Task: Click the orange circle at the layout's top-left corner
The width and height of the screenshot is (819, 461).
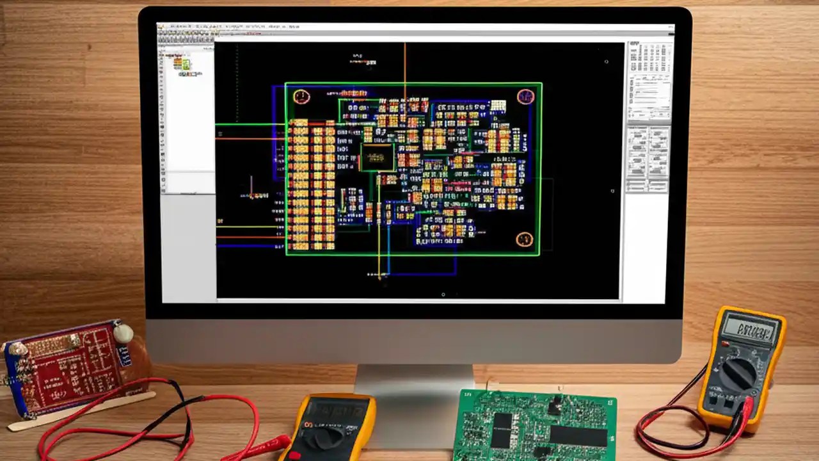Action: pos(301,97)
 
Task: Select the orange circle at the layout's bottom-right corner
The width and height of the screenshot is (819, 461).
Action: pos(524,239)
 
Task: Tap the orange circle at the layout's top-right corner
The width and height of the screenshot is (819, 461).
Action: pos(525,97)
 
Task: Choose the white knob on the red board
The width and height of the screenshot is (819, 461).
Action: pos(123,333)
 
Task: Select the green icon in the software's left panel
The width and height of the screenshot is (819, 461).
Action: pos(186,65)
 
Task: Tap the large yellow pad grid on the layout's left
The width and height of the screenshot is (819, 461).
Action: pos(312,185)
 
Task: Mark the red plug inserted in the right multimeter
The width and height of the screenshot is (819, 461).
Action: pos(746,407)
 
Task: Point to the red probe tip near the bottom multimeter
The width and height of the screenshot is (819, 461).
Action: pos(282,442)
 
